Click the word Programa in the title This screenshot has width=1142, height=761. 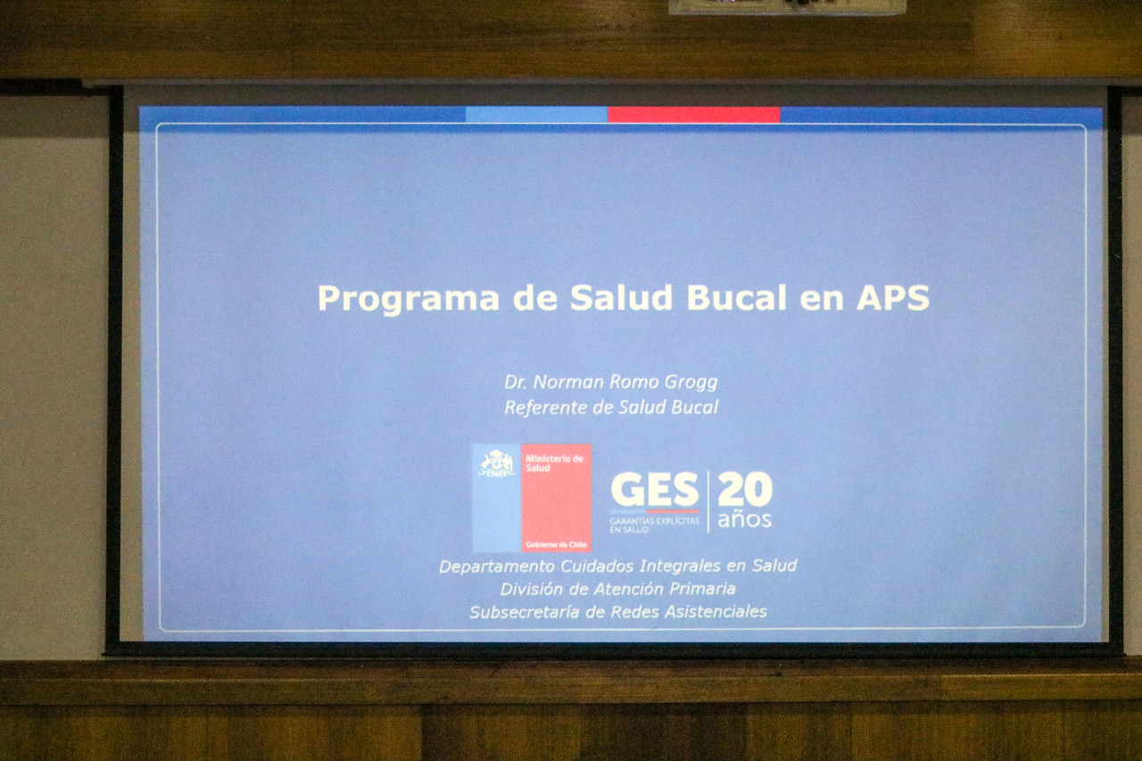point(408,299)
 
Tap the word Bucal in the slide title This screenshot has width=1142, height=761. point(736,297)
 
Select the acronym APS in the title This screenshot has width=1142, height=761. point(892,297)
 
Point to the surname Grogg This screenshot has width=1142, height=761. point(690,383)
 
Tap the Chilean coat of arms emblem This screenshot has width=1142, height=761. point(497,465)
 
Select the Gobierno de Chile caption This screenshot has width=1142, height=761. point(556,544)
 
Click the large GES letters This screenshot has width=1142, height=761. point(654,491)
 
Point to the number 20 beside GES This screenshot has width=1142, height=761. point(744,490)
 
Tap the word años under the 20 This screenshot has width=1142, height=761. point(744,519)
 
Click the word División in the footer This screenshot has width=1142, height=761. point(532,589)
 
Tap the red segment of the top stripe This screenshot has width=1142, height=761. point(693,115)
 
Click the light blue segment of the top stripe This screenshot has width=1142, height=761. point(536,115)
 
